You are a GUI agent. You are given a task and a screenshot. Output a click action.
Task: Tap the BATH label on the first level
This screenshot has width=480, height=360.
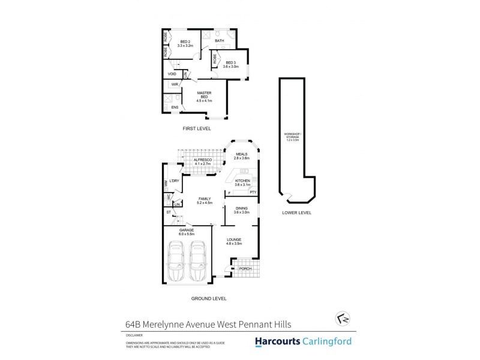pyautogui.click(x=220, y=41)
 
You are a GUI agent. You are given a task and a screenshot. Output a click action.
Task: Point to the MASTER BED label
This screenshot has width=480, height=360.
pyautogui.click(x=204, y=94)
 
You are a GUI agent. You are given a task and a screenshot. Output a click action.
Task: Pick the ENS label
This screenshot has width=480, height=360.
pyautogui.click(x=175, y=107)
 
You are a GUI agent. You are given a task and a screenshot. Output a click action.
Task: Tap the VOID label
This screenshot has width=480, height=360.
pyautogui.click(x=172, y=74)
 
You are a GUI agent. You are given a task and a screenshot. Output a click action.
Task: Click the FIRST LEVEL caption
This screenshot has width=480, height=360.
pyautogui.click(x=197, y=128)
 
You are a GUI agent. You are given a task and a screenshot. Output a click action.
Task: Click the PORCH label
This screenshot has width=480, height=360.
pyautogui.click(x=245, y=269)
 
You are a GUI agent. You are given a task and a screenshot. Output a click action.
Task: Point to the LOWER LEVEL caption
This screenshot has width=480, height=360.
pyautogui.click(x=296, y=212)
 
